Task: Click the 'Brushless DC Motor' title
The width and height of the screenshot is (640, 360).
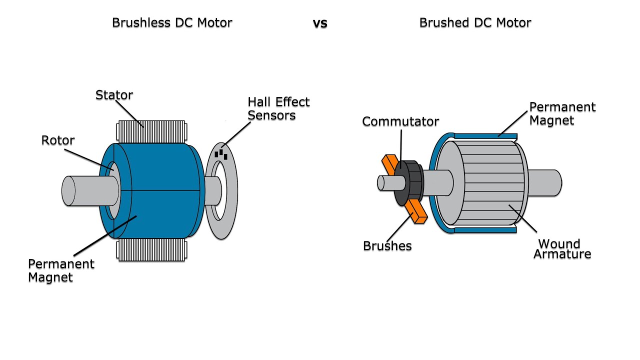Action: click(x=172, y=23)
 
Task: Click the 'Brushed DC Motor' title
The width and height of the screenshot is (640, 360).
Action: click(x=475, y=23)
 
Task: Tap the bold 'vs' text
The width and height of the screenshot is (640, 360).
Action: click(x=320, y=23)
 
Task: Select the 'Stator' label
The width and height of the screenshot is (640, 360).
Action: click(x=114, y=95)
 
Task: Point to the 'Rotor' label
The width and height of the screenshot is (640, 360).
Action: click(x=58, y=140)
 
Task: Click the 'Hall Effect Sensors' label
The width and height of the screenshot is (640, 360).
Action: click(x=278, y=109)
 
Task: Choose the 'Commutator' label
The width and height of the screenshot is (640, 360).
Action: click(x=400, y=121)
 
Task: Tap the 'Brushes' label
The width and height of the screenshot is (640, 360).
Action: click(x=387, y=246)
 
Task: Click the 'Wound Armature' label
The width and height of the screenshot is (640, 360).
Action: click(x=562, y=249)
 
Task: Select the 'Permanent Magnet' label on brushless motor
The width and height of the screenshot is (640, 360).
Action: click(x=61, y=270)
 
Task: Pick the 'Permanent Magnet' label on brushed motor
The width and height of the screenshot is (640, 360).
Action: click(x=562, y=114)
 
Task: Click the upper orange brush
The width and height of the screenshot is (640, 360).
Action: click(x=388, y=164)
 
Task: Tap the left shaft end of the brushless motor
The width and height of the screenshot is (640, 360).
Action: click(x=75, y=190)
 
